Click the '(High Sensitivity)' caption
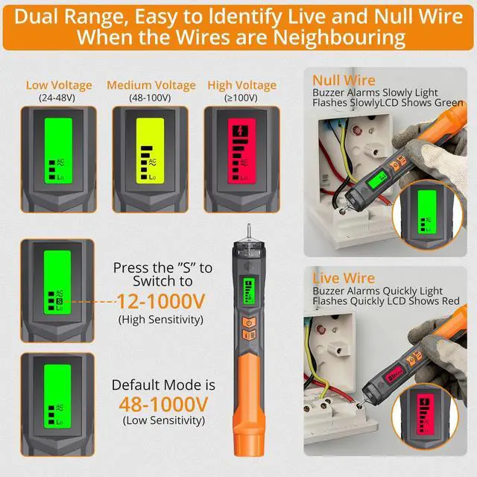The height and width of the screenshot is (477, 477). (x=162, y=319)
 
